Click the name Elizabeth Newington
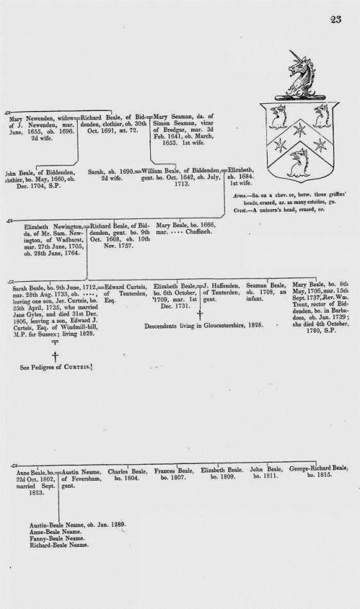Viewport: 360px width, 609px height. point(53,227)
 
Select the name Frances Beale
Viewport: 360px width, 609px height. point(173,470)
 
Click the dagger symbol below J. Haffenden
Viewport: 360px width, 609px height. point(200,314)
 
